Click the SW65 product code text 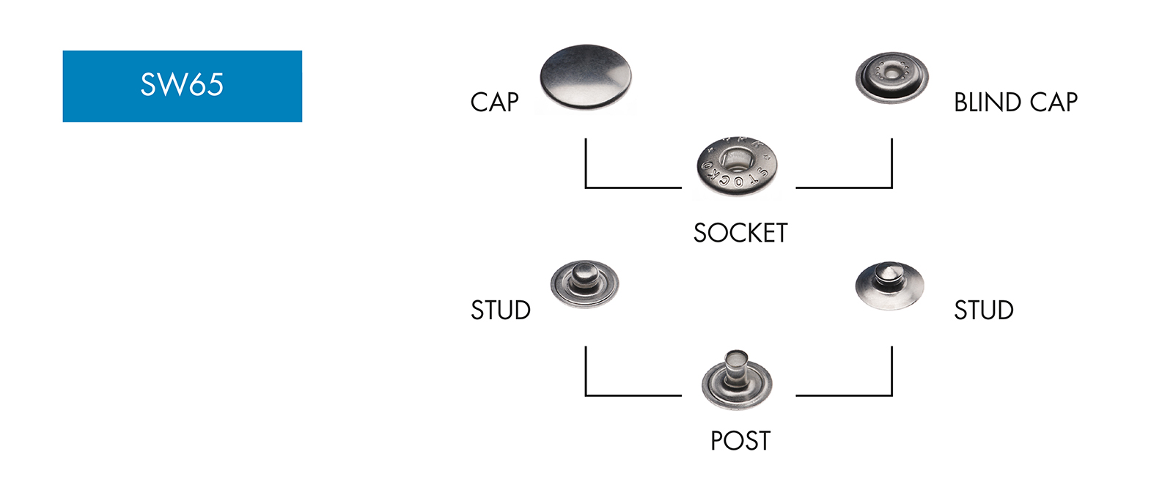(x=182, y=85)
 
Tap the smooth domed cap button (x=585, y=77)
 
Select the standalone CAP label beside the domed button (x=494, y=102)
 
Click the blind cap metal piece (x=891, y=78)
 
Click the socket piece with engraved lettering (x=737, y=167)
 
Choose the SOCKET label (x=740, y=233)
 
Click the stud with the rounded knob (x=584, y=284)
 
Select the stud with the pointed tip (x=889, y=286)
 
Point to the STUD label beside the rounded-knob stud (x=501, y=311)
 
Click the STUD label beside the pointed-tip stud (x=984, y=311)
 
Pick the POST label (x=740, y=441)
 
